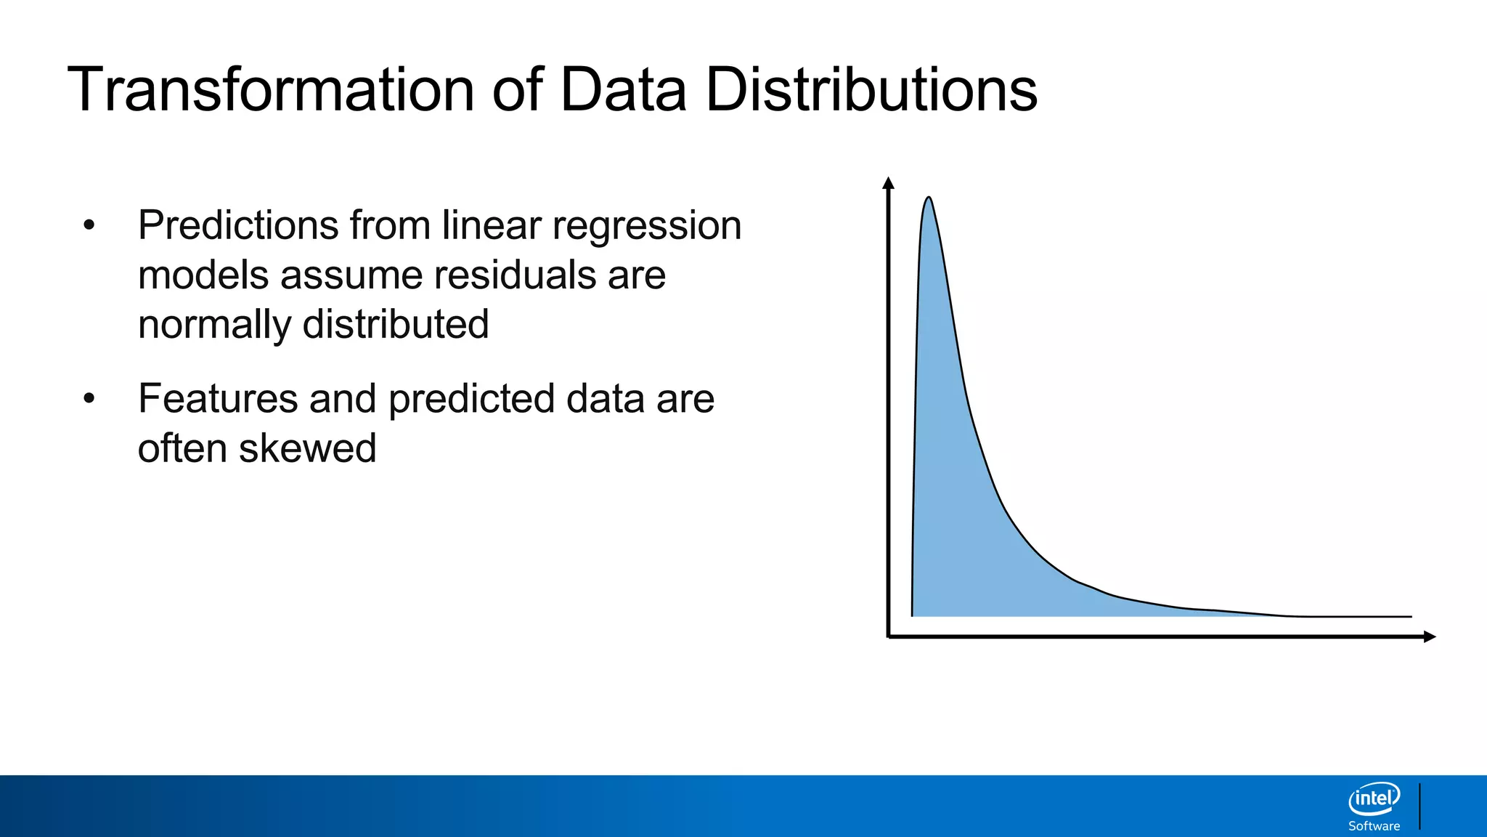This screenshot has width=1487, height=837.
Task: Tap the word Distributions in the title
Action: tap(871, 90)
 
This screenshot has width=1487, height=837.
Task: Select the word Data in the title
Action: tap(623, 90)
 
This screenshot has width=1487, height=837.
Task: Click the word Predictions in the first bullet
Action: tap(238, 226)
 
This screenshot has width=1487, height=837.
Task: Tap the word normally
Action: tap(214, 325)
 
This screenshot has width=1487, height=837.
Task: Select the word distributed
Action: tap(396, 324)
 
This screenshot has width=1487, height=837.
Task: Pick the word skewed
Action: tap(308, 448)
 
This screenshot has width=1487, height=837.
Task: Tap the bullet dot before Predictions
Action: tap(89, 226)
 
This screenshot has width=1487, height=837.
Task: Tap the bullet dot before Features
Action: tap(89, 399)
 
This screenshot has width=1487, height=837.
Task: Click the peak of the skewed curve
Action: tap(928, 198)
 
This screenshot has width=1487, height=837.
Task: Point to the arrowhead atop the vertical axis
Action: tap(888, 182)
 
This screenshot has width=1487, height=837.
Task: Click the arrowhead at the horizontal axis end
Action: tap(1430, 636)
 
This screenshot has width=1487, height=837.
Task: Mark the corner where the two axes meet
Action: tap(889, 636)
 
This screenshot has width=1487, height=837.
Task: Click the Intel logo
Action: tap(1374, 799)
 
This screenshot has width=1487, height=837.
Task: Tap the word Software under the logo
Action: tap(1374, 826)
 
